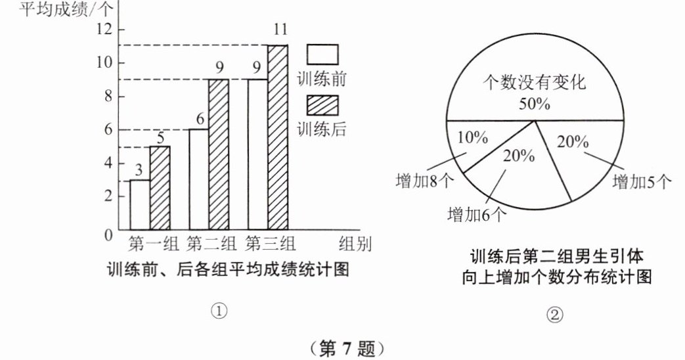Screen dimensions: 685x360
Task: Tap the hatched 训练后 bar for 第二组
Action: point(219,154)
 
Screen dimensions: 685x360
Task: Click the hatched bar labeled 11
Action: point(277,137)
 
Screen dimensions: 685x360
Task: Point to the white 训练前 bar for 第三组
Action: point(257,154)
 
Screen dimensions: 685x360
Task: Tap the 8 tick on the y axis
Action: point(106,97)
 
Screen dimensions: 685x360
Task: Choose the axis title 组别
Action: point(355,245)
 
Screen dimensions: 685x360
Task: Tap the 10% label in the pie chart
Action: point(473,139)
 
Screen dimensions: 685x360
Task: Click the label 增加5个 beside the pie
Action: point(641,182)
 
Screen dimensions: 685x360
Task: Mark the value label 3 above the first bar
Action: point(139,170)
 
